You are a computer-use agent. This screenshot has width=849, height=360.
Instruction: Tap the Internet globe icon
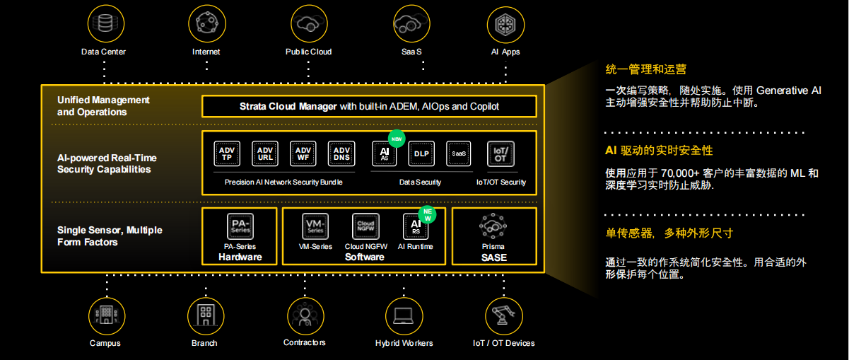click(206, 23)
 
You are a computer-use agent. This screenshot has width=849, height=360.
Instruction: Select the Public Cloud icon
click(308, 23)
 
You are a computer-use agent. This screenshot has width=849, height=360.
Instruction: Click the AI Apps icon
click(505, 23)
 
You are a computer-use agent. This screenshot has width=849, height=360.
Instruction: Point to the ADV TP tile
click(227, 153)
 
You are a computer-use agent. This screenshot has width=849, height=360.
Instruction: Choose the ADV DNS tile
click(341, 153)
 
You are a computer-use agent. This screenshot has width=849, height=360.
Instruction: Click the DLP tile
click(421, 153)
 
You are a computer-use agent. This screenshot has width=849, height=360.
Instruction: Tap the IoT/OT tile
click(500, 153)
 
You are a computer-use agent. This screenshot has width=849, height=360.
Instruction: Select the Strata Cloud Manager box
click(369, 106)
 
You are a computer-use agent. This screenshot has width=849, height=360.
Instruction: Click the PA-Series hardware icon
click(240, 226)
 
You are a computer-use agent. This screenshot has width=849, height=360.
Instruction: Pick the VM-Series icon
click(315, 226)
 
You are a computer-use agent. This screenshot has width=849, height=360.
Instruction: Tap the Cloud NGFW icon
click(365, 226)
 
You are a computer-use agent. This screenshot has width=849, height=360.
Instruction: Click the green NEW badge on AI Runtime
click(427, 214)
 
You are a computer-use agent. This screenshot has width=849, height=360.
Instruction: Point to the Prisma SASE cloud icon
click(493, 228)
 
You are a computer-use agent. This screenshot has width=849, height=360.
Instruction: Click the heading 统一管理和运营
click(646, 69)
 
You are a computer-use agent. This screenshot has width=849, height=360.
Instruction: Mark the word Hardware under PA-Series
click(240, 257)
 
